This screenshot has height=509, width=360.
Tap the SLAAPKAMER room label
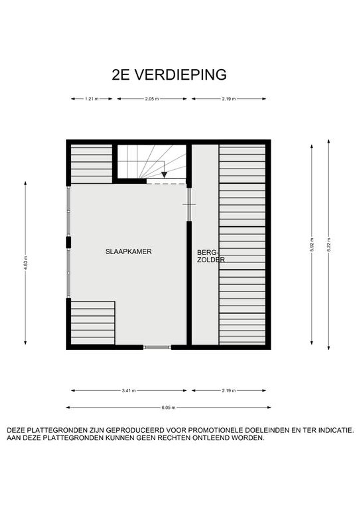coord(128,252)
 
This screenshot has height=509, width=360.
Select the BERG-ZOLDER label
coord(211,256)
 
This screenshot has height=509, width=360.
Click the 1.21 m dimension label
coord(92,99)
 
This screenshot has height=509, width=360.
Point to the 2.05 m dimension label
coord(152,99)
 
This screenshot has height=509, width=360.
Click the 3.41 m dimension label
coord(129,391)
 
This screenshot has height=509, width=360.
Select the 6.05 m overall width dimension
coord(169,407)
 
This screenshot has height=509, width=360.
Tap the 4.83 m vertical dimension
coord(25,263)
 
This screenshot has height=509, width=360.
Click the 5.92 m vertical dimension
coord(312,244)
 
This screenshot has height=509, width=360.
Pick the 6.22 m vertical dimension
coord(329,244)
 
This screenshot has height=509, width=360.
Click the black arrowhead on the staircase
coord(164,175)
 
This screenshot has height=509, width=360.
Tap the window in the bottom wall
coord(157,347)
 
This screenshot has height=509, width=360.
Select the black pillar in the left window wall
coord(68,242)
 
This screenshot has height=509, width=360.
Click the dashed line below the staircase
coord(166,184)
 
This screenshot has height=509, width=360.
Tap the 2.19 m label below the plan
coord(229,391)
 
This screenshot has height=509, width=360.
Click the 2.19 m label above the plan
coord(229,99)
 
